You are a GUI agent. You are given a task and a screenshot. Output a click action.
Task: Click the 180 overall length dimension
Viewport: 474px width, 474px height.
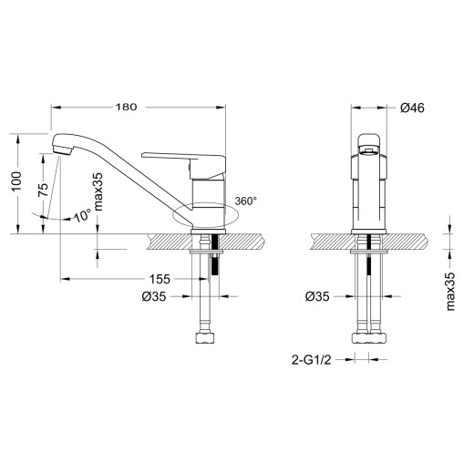(127, 107)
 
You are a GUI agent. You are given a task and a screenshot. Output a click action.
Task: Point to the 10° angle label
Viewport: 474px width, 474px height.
(80, 216)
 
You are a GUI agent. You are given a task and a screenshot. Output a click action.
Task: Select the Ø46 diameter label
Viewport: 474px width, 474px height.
(413, 108)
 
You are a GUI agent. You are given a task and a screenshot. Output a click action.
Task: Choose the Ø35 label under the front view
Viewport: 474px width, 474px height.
(316, 296)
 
